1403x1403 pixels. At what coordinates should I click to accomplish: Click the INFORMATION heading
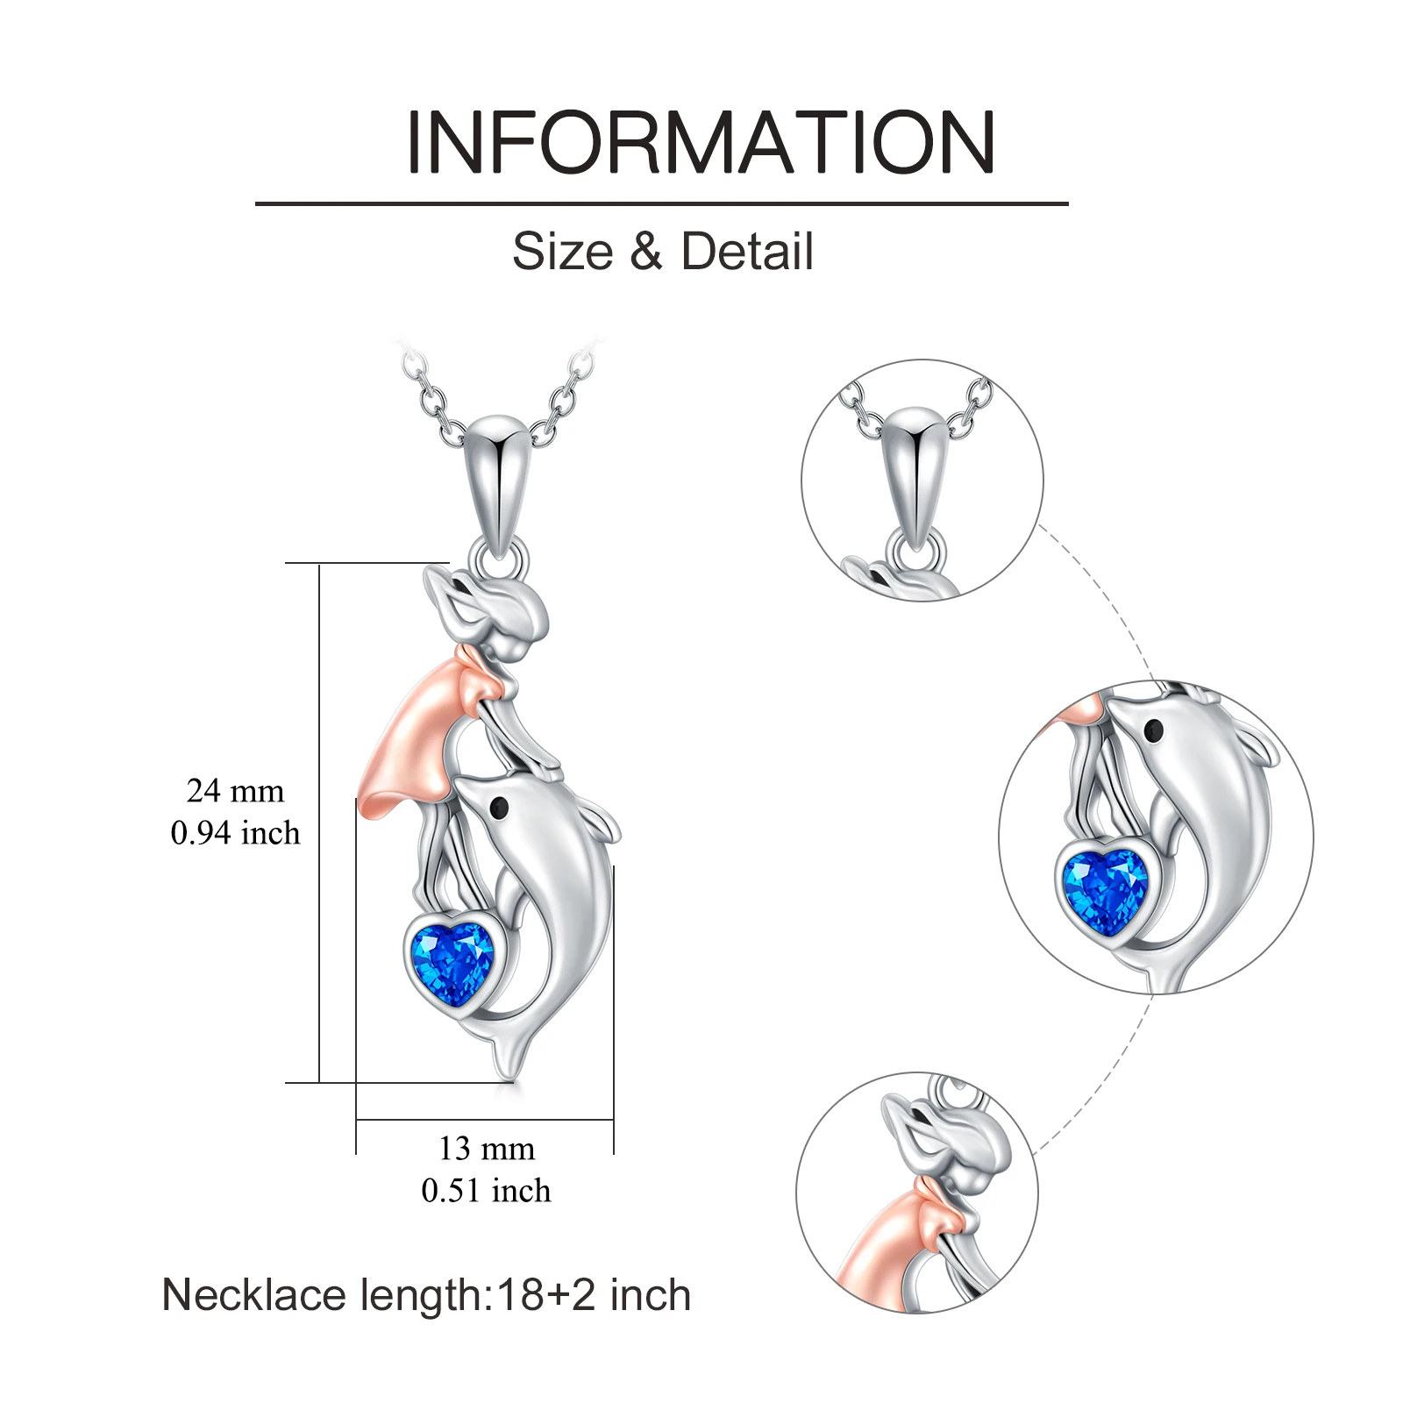701,142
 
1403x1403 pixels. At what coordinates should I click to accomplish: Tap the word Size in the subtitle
562,252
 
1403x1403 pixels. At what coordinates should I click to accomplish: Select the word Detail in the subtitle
747,252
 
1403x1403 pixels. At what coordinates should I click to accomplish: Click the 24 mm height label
235,791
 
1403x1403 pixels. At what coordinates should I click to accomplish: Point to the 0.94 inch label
235,833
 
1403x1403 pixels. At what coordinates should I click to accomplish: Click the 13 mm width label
487,1149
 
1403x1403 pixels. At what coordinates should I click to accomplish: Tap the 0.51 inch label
487,1191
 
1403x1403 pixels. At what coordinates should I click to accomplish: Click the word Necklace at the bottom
254,1295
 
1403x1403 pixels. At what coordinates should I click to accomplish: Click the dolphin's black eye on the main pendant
501,807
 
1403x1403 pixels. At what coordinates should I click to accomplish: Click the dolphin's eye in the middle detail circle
1154,730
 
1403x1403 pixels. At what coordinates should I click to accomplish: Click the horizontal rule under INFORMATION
661,203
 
